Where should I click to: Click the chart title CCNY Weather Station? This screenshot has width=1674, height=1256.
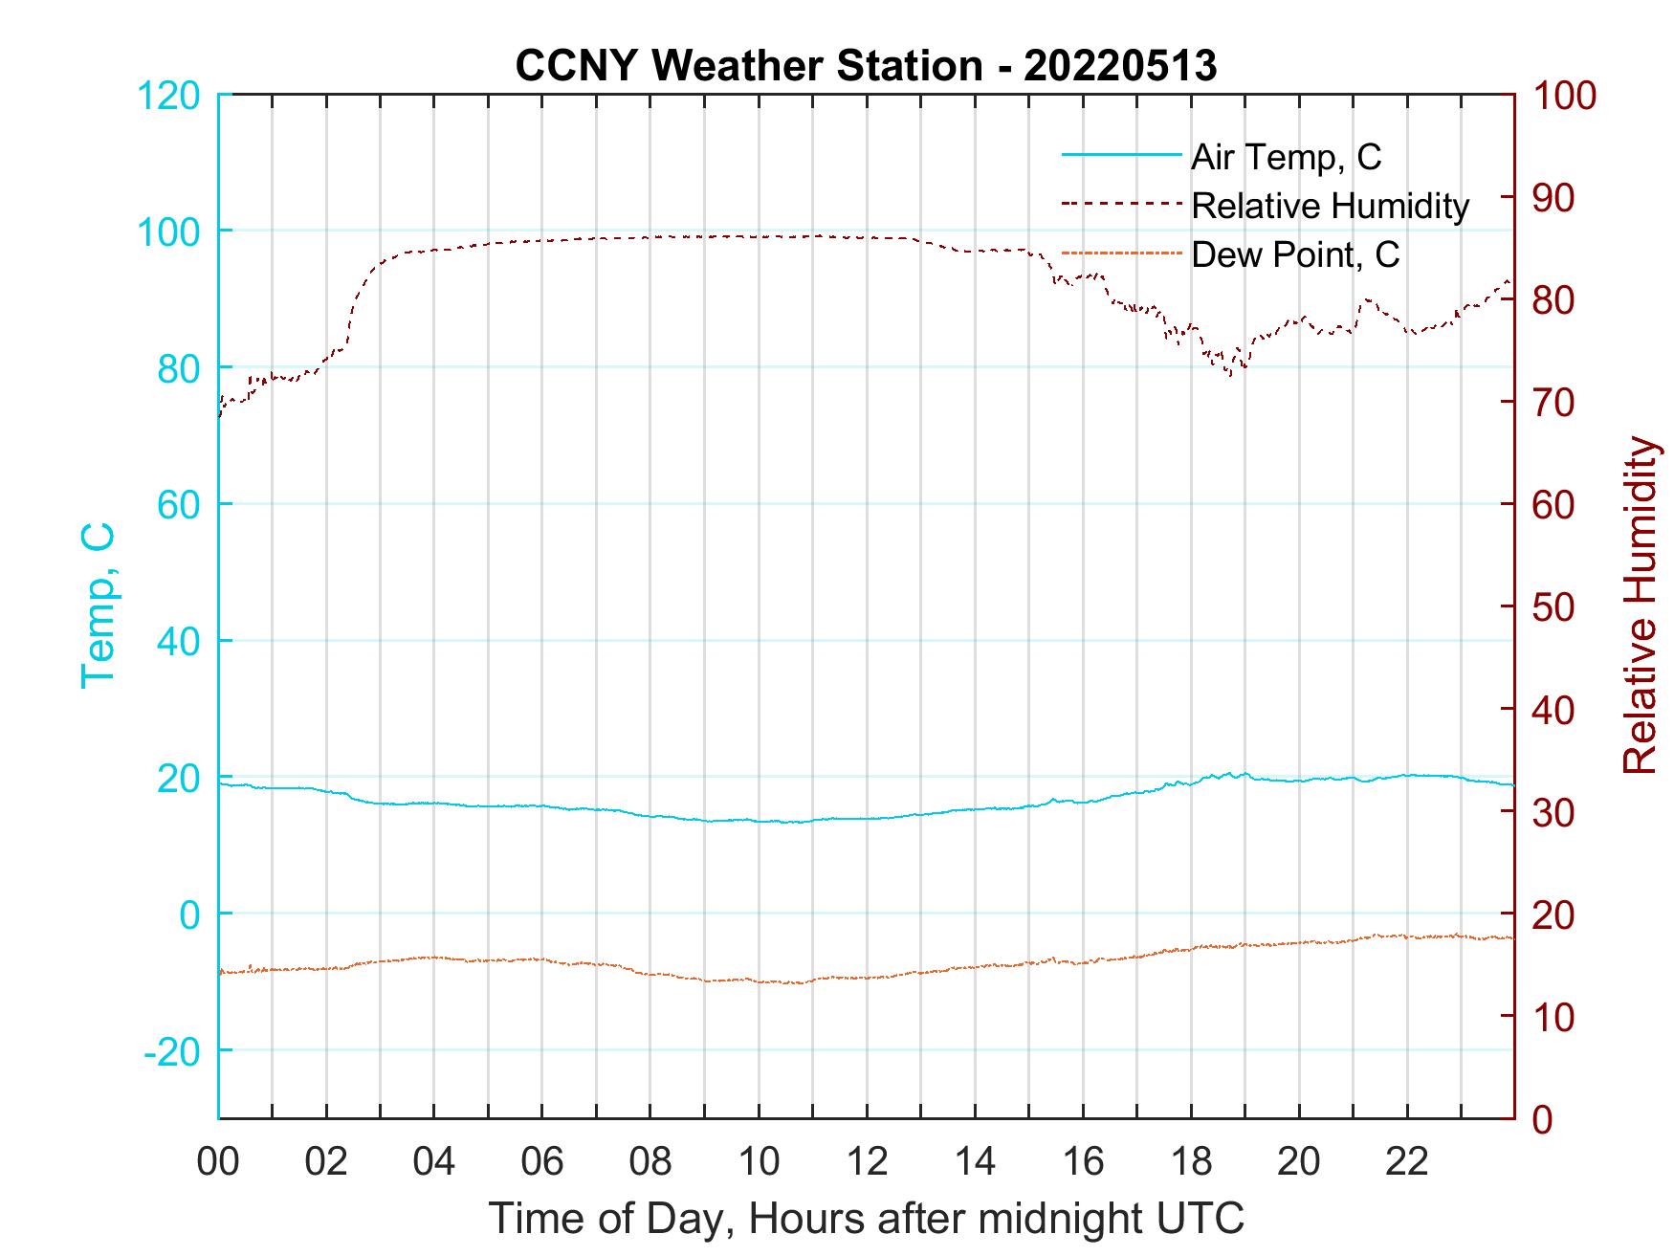(748, 66)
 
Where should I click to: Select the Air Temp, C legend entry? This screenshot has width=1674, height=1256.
(1286, 157)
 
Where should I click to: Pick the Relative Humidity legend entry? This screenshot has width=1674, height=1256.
(1330, 206)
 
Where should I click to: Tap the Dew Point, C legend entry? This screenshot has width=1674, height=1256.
(1295, 254)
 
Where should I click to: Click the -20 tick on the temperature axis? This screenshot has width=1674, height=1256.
(171, 1051)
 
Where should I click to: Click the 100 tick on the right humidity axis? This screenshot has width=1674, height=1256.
(1564, 96)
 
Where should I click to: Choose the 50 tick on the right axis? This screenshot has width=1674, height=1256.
(1554, 607)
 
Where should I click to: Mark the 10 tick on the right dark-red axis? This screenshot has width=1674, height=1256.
(1554, 1017)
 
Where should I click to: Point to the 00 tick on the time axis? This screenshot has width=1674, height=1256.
(218, 1161)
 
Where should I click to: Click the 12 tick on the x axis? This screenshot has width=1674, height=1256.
(867, 1161)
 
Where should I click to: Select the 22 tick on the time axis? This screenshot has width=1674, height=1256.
(1407, 1161)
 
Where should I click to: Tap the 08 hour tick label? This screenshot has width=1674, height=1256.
(650, 1161)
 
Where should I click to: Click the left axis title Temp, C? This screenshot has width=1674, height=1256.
(98, 606)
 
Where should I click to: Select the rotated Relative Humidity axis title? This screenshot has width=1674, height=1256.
(1640, 606)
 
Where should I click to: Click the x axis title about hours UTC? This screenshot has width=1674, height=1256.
(867, 1219)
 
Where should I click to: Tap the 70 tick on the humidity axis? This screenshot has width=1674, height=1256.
(1554, 403)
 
